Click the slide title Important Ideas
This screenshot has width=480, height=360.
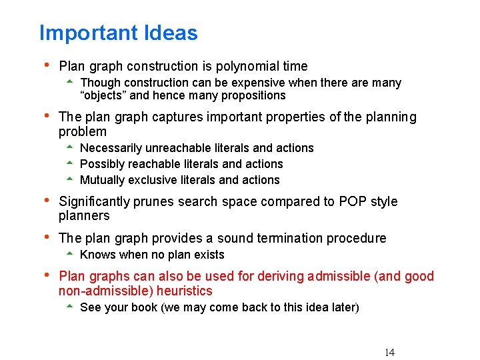pos(118,33)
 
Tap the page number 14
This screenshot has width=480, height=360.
pos(389,353)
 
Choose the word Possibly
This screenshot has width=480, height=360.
pos(102,164)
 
